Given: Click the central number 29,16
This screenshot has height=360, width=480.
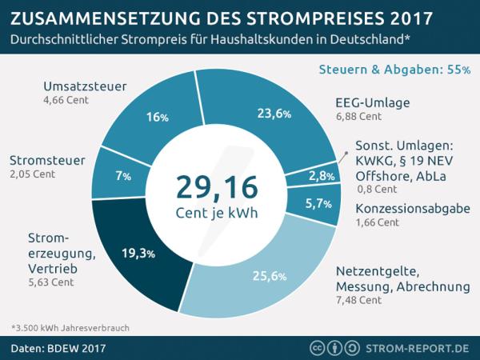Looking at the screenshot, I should [217, 186].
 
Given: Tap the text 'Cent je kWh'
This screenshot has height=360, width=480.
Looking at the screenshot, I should [217, 214].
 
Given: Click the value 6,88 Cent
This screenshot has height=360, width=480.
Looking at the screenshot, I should [359, 117].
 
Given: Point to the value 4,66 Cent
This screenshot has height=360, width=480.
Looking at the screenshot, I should [66, 102].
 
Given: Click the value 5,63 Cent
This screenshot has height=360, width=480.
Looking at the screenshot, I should [50, 282].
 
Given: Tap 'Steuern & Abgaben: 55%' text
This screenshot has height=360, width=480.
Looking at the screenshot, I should [394, 70].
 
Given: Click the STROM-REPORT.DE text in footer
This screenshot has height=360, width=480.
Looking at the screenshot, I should [422, 348].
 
